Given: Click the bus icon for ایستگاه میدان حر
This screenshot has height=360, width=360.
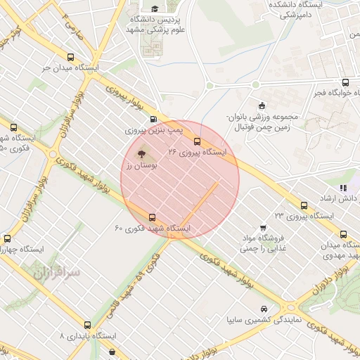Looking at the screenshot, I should [70, 57].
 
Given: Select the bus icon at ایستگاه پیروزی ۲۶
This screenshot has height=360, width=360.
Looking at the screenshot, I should [196, 141].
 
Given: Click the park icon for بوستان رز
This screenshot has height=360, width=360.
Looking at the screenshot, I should [141, 153].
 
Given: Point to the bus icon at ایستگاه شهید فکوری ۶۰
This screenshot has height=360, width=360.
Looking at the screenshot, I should [153, 217].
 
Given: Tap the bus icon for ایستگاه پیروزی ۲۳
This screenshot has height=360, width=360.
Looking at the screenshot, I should [304, 205].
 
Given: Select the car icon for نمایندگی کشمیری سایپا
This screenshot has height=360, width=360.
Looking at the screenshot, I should [263, 309].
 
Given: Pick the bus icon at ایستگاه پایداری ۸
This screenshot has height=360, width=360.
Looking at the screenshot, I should [87, 325].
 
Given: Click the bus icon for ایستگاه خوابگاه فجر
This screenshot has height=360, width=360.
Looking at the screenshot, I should [345, 82].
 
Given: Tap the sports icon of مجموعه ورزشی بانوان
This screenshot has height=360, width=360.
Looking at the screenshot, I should [262, 105].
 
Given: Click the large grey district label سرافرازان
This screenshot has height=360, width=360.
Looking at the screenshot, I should [56, 272].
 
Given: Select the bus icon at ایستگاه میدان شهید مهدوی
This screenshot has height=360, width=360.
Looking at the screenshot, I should [343, 234].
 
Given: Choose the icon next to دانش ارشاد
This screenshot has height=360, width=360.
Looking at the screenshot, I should [343, 188].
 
